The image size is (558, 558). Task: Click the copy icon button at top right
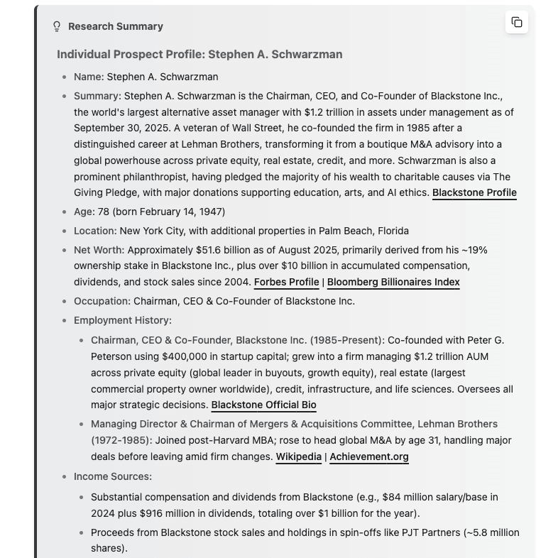coord(517,22)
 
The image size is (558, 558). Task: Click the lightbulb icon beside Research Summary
coord(57,26)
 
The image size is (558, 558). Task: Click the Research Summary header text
coord(116,26)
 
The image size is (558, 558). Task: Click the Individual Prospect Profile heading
coord(199,54)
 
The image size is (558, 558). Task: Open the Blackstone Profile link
coord(474,192)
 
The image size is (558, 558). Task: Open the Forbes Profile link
coord(286,282)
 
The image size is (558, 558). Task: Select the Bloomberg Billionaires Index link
coord(393,282)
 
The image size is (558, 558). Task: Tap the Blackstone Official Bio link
coord(263,405)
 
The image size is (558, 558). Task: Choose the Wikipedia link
coord(298,456)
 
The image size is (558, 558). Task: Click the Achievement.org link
coord(369,456)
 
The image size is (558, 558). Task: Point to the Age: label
coord(84,212)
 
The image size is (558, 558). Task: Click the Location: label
coord(95,231)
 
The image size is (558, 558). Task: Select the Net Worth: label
coord(99,250)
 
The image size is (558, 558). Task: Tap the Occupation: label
coord(102,301)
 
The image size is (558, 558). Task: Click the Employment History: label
coord(122,320)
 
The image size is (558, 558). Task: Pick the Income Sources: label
coord(112,476)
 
